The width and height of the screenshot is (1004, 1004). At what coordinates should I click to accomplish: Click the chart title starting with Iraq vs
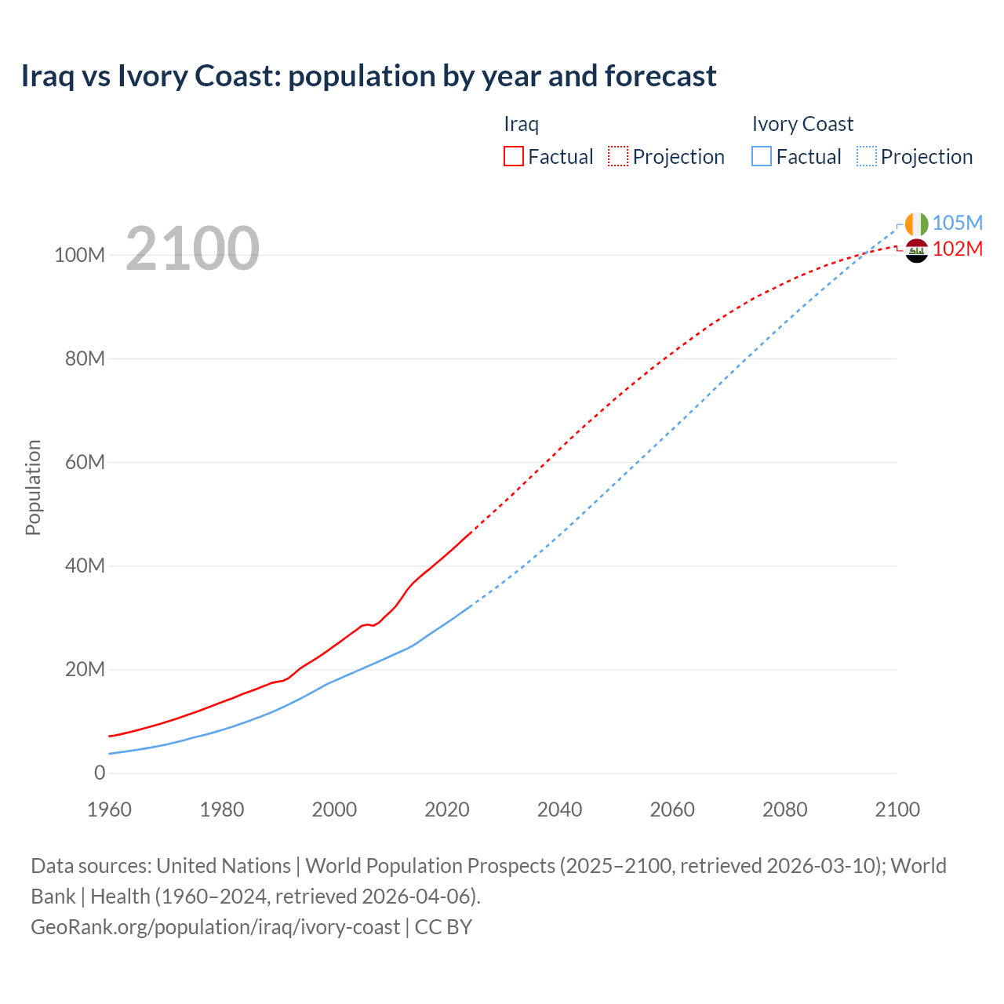369,76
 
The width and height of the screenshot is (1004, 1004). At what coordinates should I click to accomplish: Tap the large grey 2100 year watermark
192,248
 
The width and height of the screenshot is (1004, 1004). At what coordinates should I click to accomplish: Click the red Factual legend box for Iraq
514,156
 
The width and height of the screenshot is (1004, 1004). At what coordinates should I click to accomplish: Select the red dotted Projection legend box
618,156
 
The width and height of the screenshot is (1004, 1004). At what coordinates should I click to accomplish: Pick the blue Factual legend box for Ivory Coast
762,156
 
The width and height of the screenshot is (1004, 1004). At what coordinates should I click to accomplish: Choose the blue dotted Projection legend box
867,156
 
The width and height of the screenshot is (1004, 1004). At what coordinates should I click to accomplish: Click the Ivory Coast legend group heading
802,124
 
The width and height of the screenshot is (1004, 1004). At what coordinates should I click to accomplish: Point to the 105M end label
958,223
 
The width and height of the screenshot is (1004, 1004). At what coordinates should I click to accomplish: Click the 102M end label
958,249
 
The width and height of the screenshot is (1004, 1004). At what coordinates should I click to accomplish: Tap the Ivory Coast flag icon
916,224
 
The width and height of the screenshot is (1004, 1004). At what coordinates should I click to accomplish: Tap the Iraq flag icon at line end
916,251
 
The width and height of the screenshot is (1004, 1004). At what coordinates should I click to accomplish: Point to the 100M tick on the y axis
79,255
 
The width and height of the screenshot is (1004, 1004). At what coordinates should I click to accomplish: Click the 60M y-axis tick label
85,462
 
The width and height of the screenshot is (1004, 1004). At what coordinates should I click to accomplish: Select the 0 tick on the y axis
100,773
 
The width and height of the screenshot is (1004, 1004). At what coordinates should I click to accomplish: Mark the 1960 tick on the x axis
109,809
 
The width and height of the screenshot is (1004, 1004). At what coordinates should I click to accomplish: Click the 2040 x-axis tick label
559,809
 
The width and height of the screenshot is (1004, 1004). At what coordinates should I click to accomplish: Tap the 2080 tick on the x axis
784,809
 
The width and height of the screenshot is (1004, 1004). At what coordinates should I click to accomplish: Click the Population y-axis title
33,487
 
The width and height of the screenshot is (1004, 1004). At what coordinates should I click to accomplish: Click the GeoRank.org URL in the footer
215,927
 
